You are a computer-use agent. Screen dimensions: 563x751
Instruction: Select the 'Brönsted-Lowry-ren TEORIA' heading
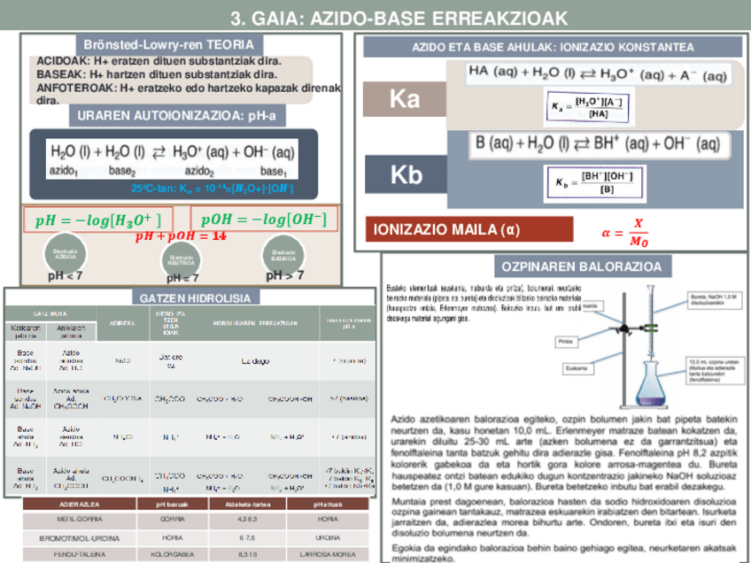click(168, 44)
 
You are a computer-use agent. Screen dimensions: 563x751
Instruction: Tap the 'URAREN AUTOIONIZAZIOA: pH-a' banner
click(176, 115)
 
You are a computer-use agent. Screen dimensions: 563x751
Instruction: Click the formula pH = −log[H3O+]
click(97, 220)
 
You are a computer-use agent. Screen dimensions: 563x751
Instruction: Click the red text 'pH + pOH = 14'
click(181, 236)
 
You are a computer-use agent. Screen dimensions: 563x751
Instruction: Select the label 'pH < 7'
click(66, 275)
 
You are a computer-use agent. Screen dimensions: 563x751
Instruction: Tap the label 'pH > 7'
click(285, 275)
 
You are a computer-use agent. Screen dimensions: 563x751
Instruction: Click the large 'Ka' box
click(405, 100)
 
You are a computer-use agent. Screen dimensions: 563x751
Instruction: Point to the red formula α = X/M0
click(624, 233)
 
